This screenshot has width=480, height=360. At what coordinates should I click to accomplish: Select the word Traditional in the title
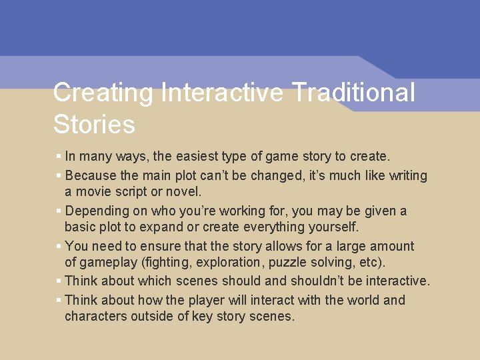360,93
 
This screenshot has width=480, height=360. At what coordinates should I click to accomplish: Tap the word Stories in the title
94,125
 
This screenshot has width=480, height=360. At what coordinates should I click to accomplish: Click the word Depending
98,211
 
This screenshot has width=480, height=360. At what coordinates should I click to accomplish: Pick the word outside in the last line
154,316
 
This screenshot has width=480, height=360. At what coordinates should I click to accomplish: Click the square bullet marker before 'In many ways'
59,157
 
